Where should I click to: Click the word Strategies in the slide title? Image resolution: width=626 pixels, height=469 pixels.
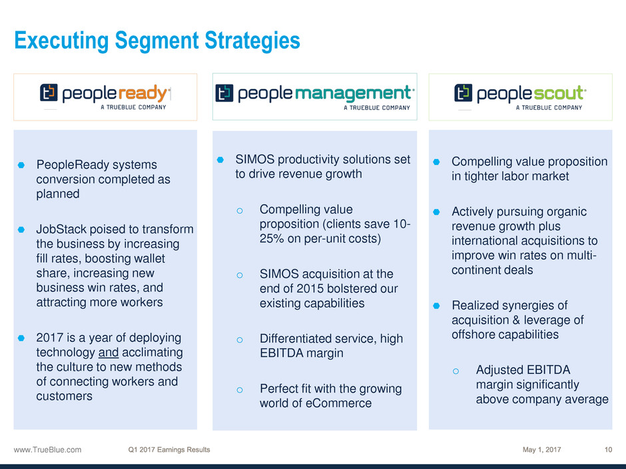252,41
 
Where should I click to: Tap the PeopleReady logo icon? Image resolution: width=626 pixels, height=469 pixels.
49,92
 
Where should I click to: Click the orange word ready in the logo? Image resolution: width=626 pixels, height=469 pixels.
143,93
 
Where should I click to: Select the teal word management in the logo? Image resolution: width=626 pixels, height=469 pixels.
353,93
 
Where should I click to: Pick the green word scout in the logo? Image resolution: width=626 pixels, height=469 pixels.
558,93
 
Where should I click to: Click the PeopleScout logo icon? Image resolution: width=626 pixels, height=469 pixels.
463,92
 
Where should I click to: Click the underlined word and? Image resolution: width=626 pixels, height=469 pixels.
109,352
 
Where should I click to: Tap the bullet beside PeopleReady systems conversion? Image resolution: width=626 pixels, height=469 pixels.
21,165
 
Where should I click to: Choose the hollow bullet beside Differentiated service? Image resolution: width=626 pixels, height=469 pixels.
240,340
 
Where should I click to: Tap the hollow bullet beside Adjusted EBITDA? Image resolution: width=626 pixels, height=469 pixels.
456,371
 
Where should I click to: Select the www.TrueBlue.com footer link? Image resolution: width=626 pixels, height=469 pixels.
47,450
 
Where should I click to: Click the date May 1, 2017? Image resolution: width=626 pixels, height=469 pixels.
542,450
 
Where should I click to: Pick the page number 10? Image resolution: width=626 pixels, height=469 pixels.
608,450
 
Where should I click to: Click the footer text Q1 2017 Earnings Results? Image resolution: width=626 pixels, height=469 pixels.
169,450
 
